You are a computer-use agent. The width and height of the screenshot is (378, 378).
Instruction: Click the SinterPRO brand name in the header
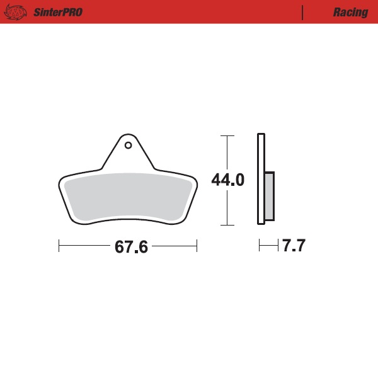[x=57, y=13]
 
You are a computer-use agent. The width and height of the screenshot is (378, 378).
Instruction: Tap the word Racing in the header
[x=350, y=13]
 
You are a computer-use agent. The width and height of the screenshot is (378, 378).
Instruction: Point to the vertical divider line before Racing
[x=303, y=13]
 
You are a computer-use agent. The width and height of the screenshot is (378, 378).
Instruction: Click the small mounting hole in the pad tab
[x=128, y=146]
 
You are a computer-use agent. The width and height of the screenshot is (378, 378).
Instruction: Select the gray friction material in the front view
[x=128, y=197]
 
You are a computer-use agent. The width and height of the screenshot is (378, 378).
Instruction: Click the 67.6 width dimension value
[x=131, y=247]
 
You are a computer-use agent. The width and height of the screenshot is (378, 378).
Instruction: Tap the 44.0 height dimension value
[x=227, y=180]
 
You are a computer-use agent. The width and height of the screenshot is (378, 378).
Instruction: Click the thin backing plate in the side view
[x=260, y=179]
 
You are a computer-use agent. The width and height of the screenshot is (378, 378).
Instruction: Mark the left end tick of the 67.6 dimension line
[x=59, y=246]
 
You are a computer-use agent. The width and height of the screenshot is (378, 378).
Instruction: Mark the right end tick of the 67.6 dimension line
[x=197, y=246]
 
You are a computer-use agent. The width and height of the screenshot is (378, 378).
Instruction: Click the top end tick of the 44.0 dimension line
[x=227, y=135]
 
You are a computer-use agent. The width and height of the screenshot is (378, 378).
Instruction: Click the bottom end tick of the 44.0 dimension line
[x=227, y=225]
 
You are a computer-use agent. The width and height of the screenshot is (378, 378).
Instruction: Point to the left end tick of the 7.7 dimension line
[x=259, y=246]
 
